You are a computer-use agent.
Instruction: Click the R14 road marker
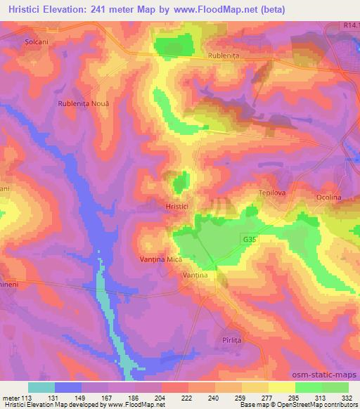pos(352,25)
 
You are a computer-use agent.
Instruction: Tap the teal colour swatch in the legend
pos(41,387)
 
